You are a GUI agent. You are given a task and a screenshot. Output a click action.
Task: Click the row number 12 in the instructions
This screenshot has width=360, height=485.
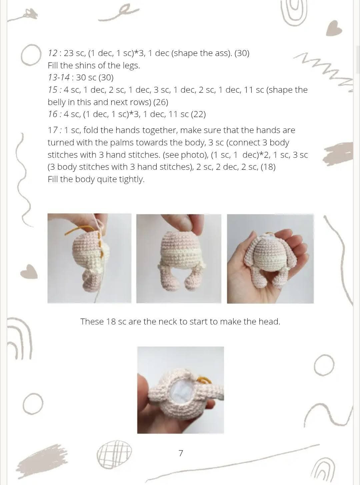pyautogui.click(x=52, y=53)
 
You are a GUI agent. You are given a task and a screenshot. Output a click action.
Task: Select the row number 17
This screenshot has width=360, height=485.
pyautogui.click(x=53, y=130)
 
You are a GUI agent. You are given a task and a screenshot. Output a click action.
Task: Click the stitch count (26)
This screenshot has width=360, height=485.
pyautogui.click(x=160, y=102)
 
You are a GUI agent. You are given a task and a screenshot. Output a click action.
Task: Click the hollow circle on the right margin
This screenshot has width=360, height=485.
pyautogui.click(x=324, y=366)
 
